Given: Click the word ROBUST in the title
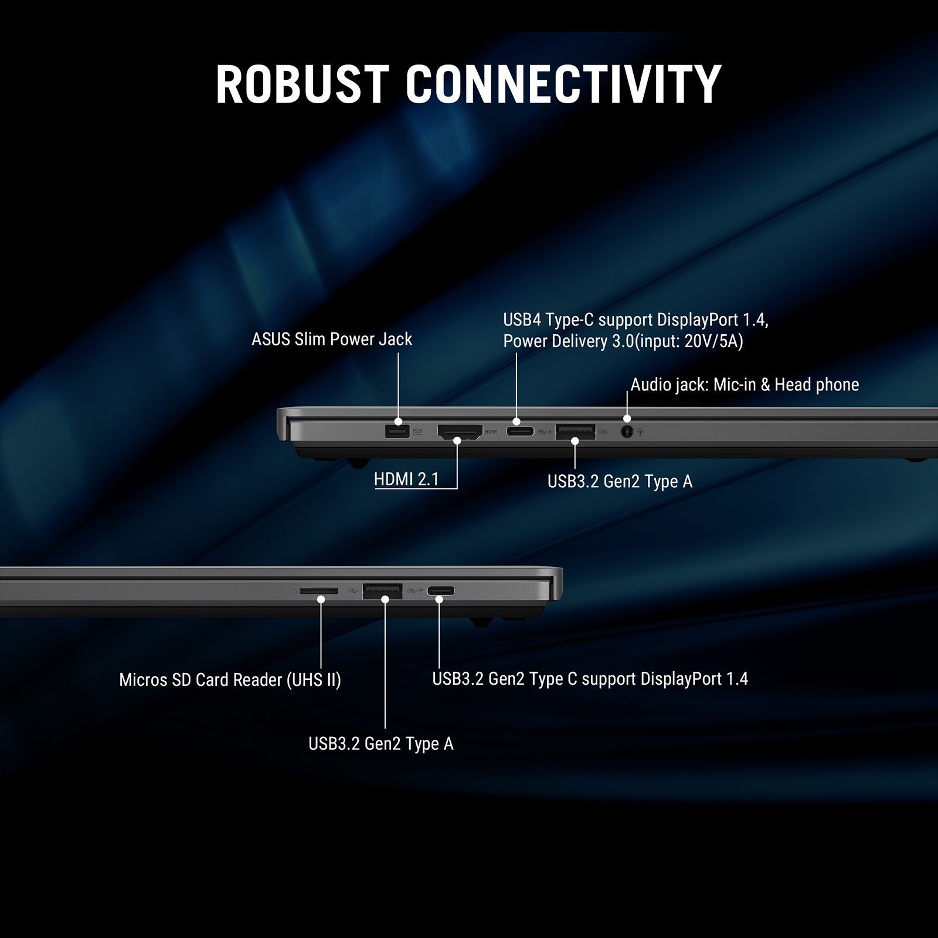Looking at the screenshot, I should pyautogui.click(x=302, y=84).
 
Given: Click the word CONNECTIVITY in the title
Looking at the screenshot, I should pyautogui.click(x=563, y=84).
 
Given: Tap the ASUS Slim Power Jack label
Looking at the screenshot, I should pyautogui.click(x=332, y=339).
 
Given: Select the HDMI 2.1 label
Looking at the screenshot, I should pyautogui.click(x=406, y=480).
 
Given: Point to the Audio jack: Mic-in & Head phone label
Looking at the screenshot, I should pyautogui.click(x=745, y=385).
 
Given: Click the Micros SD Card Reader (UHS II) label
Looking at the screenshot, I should pyautogui.click(x=230, y=680).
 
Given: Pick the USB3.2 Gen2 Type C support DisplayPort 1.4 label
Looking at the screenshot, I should pyautogui.click(x=590, y=679).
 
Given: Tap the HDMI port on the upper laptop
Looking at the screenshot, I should pyautogui.click(x=460, y=433).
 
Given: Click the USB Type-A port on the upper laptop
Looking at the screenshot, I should pyautogui.click(x=575, y=432).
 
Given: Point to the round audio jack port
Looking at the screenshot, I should pyautogui.click(x=627, y=432).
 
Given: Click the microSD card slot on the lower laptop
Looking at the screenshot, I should pyautogui.click(x=319, y=591).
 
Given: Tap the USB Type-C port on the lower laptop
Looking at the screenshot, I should pyautogui.click(x=440, y=591).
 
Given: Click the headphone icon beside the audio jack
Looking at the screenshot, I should pyautogui.click(x=641, y=432).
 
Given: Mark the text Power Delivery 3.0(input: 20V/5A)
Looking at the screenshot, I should pyautogui.click(x=623, y=341).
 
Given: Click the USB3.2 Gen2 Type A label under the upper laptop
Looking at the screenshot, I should pyautogui.click(x=620, y=481).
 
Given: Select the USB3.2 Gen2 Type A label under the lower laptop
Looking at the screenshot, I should pyautogui.click(x=381, y=744).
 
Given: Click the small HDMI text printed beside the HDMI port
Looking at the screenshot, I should pyautogui.click(x=491, y=432).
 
